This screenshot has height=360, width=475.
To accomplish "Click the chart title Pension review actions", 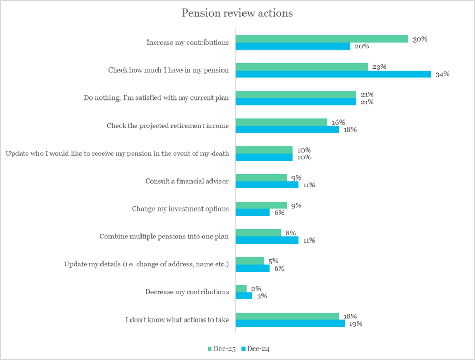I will click(x=237, y=13).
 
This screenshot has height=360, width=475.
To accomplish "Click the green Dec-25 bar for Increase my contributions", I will click(x=321, y=39).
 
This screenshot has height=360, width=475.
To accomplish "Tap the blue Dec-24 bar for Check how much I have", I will click(x=332, y=74).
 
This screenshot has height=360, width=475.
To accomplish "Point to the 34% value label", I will click(x=442, y=74).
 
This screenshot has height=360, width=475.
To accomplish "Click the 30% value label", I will click(x=419, y=39).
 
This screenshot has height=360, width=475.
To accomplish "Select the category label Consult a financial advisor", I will click(x=187, y=181).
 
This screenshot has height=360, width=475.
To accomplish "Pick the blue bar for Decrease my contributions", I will click(x=244, y=296).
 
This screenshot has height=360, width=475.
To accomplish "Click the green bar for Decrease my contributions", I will click(x=241, y=288).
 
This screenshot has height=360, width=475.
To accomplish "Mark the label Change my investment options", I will click(x=180, y=209).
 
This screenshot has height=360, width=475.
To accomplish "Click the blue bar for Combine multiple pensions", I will click(x=267, y=241).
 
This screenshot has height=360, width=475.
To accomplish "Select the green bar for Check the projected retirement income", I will click(x=281, y=122).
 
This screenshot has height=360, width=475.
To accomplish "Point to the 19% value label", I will click(x=356, y=324).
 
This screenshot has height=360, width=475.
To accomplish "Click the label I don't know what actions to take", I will click(x=177, y=319).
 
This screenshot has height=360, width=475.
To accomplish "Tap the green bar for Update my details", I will click(x=249, y=261).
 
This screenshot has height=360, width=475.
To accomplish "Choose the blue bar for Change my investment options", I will click(x=252, y=213).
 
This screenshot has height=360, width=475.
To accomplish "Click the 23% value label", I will click(x=379, y=67).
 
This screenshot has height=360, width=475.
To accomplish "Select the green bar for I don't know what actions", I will click(x=287, y=316).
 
